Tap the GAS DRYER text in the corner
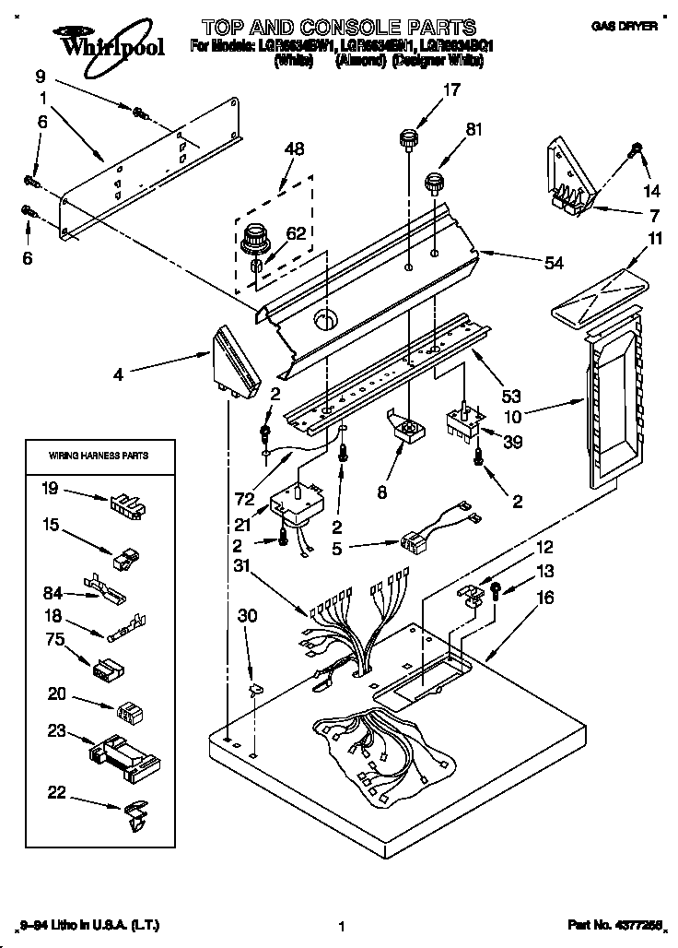(624, 28)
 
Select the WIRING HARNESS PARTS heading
(98, 456)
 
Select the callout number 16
(545, 598)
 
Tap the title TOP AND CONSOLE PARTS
(338, 28)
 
